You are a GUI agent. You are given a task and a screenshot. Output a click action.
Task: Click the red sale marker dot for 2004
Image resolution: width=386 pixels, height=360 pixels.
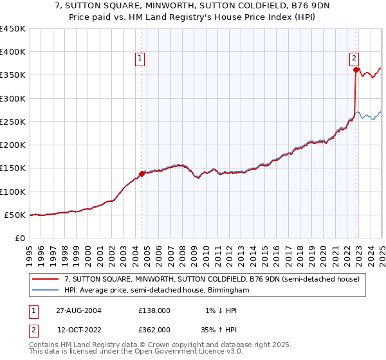point(142,174)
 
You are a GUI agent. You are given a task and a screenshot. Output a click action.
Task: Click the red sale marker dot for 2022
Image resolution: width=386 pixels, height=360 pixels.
point(356,69)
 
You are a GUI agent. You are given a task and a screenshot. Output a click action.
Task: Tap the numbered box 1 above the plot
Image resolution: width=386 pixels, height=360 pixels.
point(140,58)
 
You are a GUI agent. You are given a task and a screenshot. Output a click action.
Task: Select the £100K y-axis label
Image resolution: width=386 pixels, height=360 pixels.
point(13,192)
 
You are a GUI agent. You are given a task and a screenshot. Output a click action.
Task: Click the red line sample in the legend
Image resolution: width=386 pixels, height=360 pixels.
point(46,279)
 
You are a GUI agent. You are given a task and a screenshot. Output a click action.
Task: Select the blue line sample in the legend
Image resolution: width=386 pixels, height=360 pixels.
point(46,291)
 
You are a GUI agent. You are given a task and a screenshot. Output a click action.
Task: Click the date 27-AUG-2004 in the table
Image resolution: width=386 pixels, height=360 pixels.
point(78,310)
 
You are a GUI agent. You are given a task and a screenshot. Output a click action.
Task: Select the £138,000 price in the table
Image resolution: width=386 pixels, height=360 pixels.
point(154,310)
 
